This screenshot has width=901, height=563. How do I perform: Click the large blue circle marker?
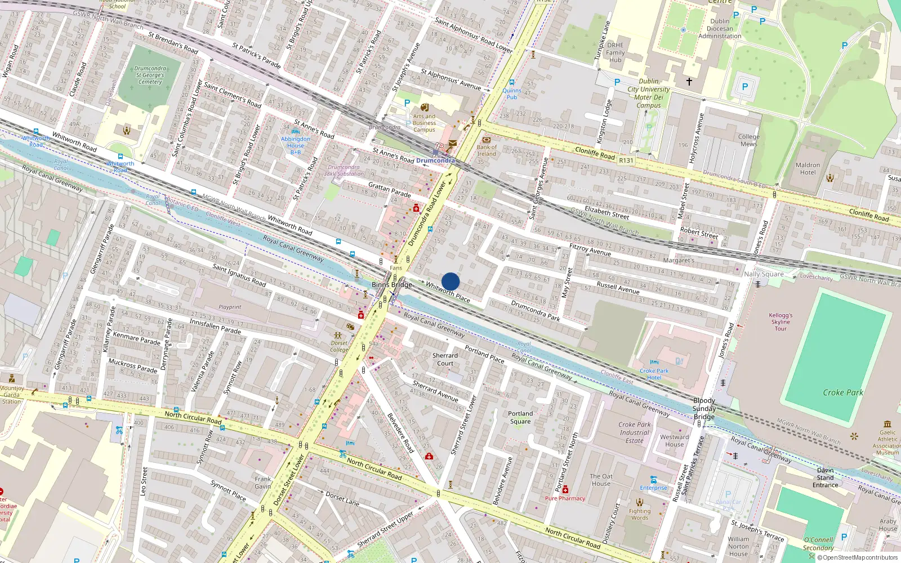click(x=450, y=281)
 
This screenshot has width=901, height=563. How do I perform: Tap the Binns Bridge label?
click(x=391, y=285)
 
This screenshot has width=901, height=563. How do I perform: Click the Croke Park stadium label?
click(x=842, y=392)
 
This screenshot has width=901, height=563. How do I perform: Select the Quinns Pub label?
click(x=511, y=93)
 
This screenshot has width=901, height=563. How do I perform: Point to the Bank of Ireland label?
click(x=487, y=150)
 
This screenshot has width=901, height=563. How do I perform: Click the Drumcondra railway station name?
click(x=435, y=160)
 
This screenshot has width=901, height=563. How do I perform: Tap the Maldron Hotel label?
click(x=808, y=169)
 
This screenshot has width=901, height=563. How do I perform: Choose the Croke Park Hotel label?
click(x=654, y=374)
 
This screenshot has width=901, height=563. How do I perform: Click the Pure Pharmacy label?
click(x=565, y=498)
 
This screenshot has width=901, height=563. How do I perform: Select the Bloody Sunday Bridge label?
click(x=704, y=409)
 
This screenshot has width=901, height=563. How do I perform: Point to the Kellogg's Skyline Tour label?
click(x=780, y=322)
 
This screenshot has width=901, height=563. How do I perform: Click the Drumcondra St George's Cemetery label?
click(x=150, y=75)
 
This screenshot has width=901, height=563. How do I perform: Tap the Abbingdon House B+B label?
click(x=295, y=145)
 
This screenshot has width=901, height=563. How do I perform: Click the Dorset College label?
click(x=339, y=346)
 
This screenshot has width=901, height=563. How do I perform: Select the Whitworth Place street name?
click(x=448, y=292)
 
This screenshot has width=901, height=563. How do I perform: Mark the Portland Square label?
click(x=520, y=417)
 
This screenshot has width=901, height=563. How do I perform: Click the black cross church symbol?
click(x=689, y=82)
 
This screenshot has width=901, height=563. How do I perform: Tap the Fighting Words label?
click(x=640, y=514)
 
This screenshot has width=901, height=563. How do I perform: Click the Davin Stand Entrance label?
click(x=825, y=477)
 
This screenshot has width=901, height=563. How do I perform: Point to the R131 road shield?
click(x=626, y=160)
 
